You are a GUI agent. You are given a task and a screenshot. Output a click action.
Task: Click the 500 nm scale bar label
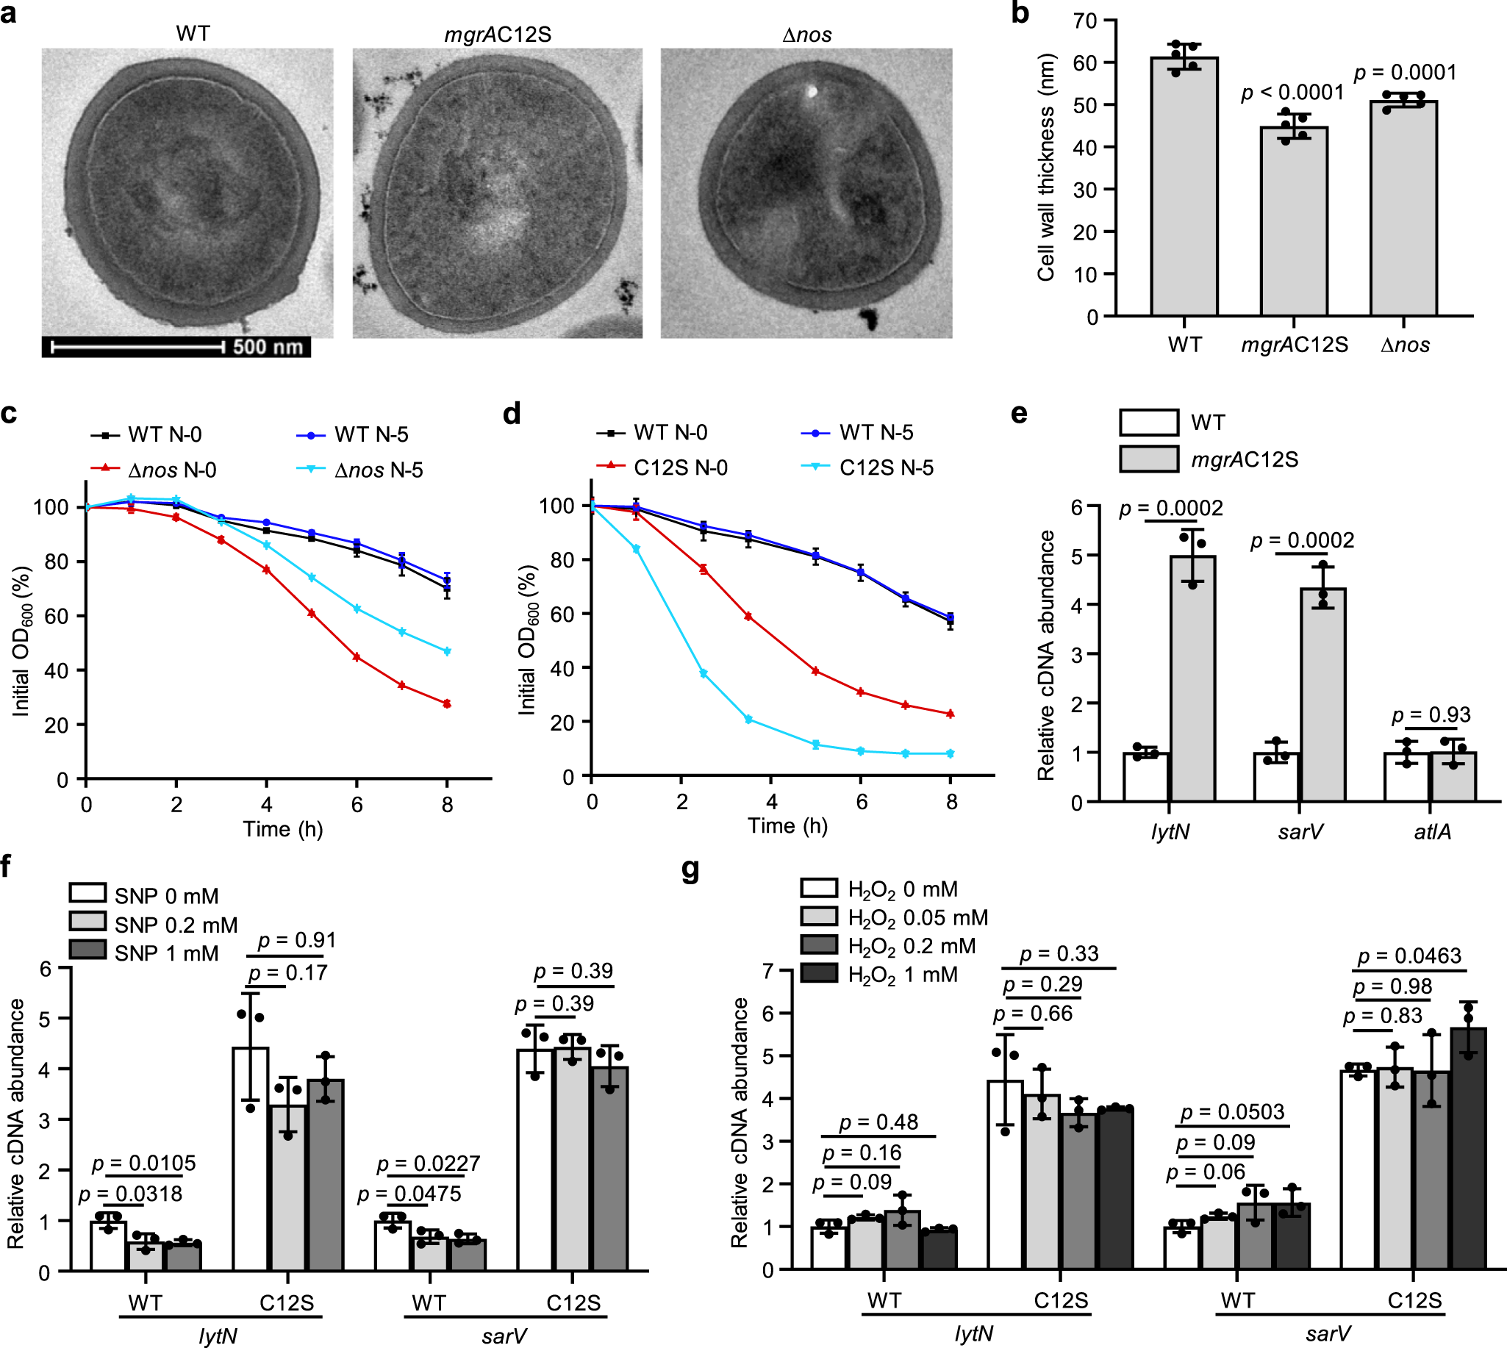pyautogui.click(x=268, y=347)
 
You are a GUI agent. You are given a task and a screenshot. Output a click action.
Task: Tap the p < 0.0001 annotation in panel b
pyautogui.click(x=1292, y=93)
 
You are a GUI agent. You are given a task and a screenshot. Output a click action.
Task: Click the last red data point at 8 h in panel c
pyautogui.click(x=447, y=703)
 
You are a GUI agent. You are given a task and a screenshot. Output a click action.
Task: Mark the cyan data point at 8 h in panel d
pyautogui.click(x=951, y=753)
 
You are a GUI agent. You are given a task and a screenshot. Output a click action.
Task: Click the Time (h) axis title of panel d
pyautogui.click(x=787, y=826)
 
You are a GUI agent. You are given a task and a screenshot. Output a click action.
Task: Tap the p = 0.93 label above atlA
pyautogui.click(x=1431, y=714)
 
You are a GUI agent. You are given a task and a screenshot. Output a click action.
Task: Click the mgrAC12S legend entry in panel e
pyautogui.click(x=1243, y=460)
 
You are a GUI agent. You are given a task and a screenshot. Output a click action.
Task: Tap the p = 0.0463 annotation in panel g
pyautogui.click(x=1408, y=956)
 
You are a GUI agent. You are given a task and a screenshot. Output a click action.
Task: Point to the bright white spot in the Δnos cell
pyautogui.click(x=811, y=92)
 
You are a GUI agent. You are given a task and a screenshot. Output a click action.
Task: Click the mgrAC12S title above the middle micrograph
pyautogui.click(x=497, y=35)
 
